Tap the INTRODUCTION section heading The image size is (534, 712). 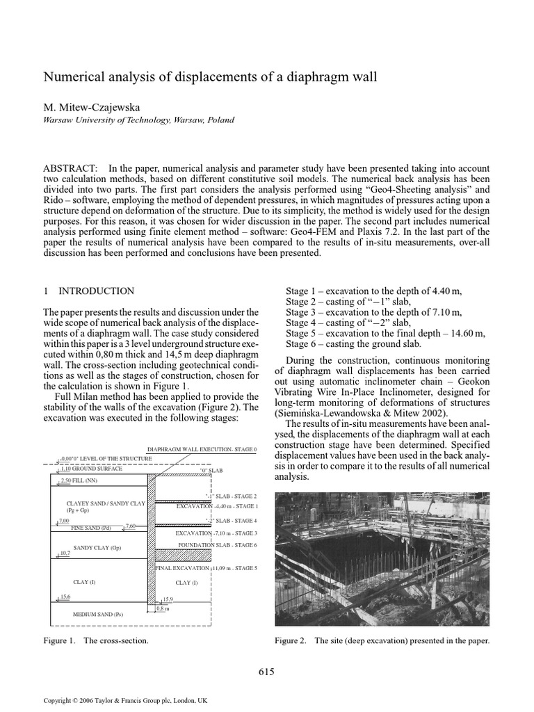pyautogui.click(x=97, y=291)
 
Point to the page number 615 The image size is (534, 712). pyautogui.click(x=266, y=671)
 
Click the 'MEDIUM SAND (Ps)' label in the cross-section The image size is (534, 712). pyautogui.click(x=98, y=614)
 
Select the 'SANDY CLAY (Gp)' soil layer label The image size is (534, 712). pyautogui.click(x=97, y=547)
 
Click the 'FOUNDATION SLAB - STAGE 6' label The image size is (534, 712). pyautogui.click(x=217, y=544)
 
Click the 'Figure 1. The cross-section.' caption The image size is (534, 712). pyautogui.click(x=96, y=640)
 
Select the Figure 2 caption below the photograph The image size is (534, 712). pyautogui.click(x=382, y=640)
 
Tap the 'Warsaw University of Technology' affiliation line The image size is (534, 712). pyautogui.click(x=139, y=120)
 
